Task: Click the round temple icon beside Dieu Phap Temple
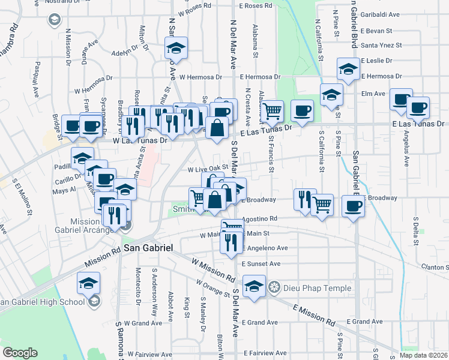(x=274, y=288)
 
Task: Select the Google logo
(x=20, y=353)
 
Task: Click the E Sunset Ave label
(x=261, y=263)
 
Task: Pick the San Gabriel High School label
(x=43, y=301)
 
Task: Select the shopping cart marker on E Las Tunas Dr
(x=273, y=110)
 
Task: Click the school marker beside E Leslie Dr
(x=348, y=69)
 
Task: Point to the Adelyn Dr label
(x=124, y=52)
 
